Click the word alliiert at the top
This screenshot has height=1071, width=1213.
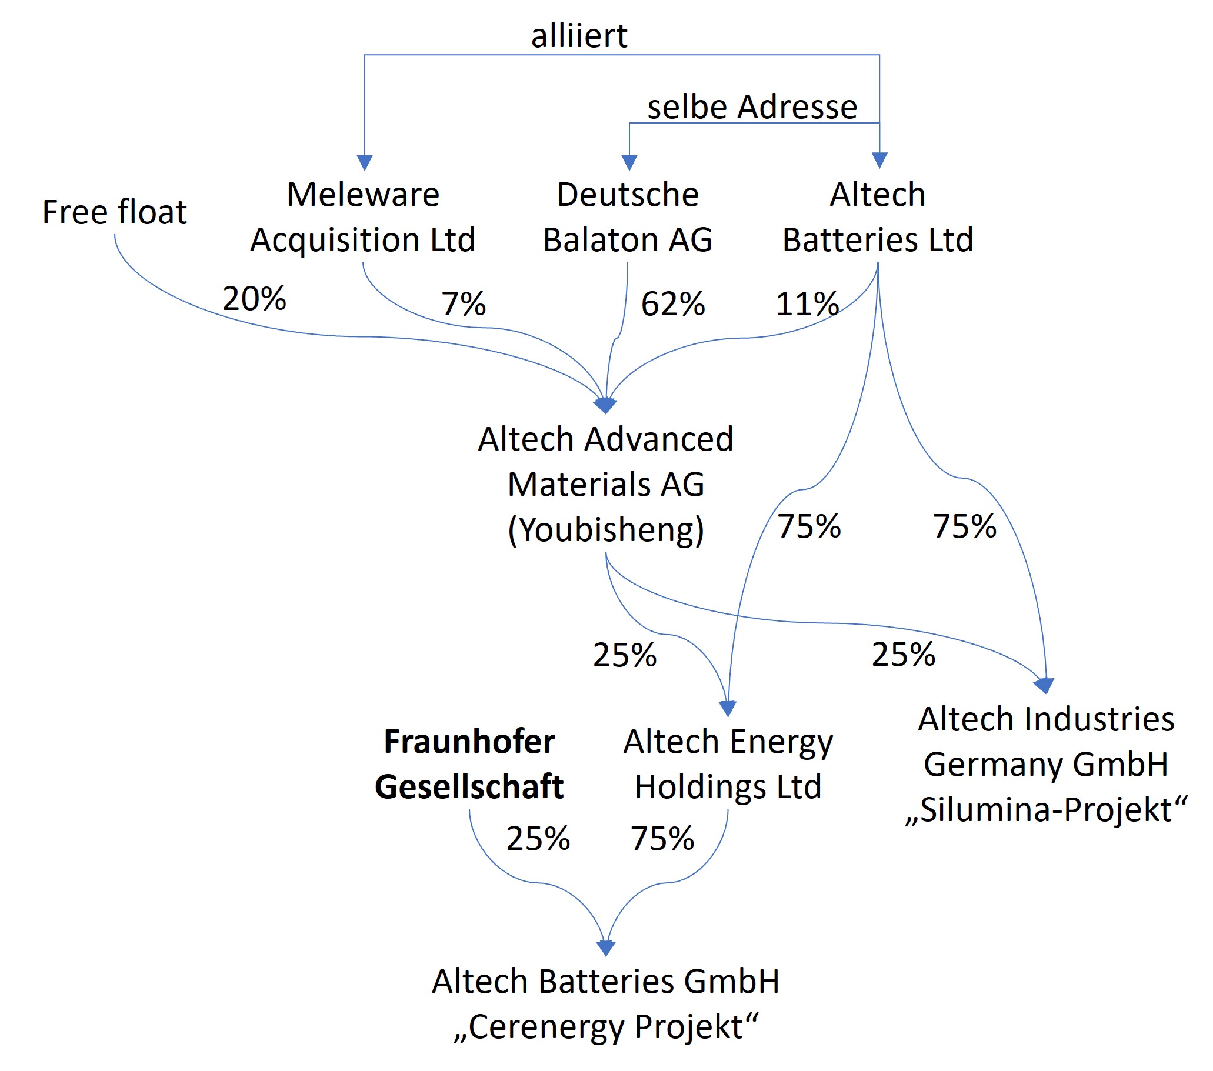(579, 36)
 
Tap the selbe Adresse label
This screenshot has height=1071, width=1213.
(752, 107)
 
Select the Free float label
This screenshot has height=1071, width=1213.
(115, 212)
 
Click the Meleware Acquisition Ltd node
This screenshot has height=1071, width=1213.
(362, 217)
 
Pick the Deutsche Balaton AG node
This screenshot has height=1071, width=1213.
(627, 217)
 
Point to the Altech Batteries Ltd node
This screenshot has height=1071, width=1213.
(878, 217)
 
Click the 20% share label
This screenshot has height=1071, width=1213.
(254, 298)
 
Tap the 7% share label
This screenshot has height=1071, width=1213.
(464, 304)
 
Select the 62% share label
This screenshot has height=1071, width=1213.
(673, 304)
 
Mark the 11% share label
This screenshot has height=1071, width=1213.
(808, 304)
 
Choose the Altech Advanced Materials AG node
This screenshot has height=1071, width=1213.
(606, 462)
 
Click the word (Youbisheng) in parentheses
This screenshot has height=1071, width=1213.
(606, 530)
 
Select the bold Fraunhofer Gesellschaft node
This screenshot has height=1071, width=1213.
(469, 764)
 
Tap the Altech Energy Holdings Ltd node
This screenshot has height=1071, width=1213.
(728, 764)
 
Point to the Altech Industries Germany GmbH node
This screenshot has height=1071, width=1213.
(1047, 741)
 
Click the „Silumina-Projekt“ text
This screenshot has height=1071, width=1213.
(1047, 810)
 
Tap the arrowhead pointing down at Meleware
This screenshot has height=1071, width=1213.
(364, 162)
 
